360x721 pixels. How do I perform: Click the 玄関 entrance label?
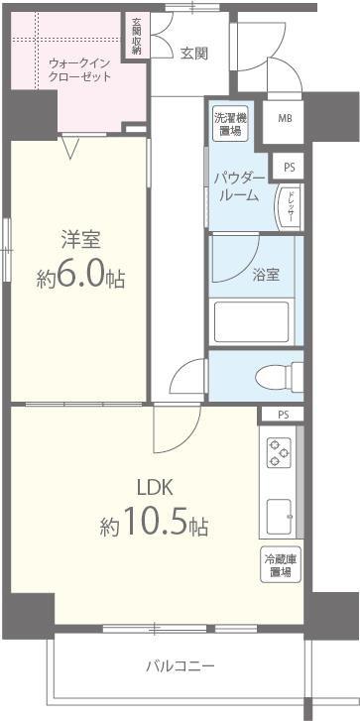pos(193,54)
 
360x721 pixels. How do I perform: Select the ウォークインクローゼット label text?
pos(79,69)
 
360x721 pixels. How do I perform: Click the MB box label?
pos(285,118)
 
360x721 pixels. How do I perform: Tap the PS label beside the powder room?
pos(289,168)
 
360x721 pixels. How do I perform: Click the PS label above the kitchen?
pos(284,415)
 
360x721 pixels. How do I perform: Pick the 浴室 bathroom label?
pos(265,274)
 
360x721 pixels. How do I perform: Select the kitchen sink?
pos(280,514)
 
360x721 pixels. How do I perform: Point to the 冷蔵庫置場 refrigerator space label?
pos(278,565)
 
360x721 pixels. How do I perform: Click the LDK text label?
pos(155,486)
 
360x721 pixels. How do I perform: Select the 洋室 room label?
pos(79,240)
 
